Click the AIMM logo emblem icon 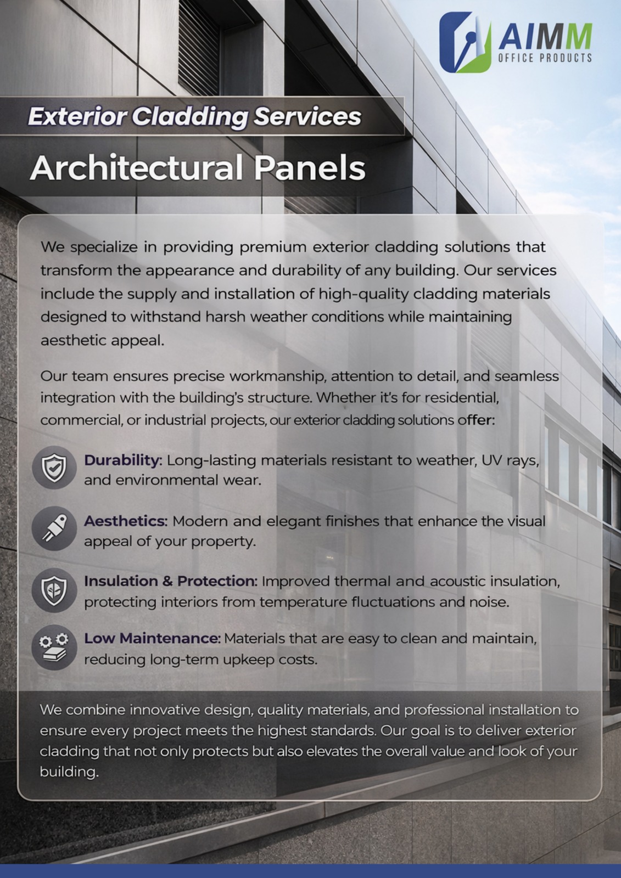point(465,42)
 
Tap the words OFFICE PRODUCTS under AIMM point(545,58)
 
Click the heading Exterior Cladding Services point(194,116)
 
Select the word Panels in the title point(310,168)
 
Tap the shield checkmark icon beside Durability point(54,468)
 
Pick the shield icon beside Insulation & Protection point(54,590)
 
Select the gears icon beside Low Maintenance point(54,648)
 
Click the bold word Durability point(123,461)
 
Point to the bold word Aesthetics point(126,521)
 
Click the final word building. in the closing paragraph point(69,772)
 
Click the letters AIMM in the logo point(545,36)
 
